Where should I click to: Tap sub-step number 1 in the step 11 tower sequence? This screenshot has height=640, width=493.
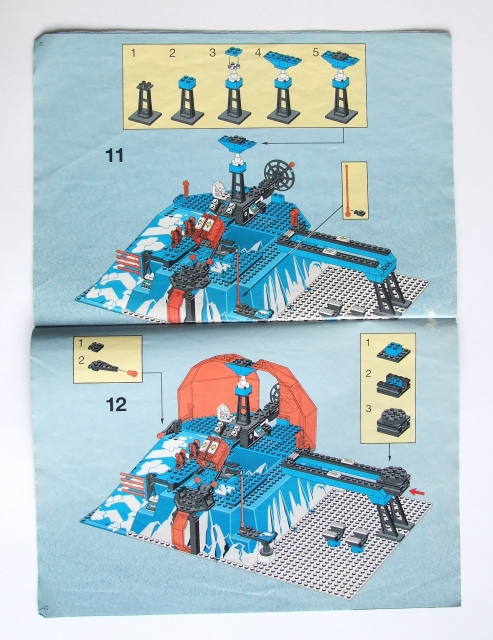[x=132, y=50]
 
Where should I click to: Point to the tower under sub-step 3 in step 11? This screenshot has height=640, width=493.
[x=234, y=88]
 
